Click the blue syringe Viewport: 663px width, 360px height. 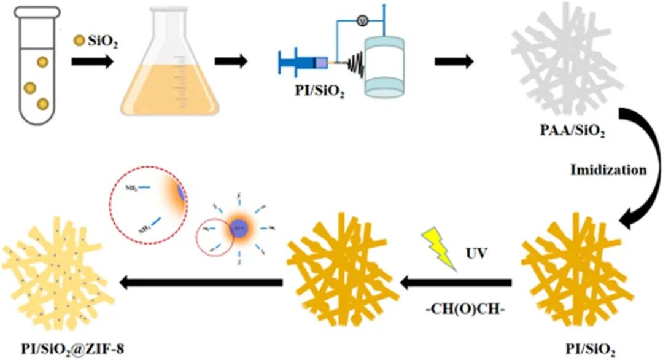301,62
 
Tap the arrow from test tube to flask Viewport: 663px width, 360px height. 92,61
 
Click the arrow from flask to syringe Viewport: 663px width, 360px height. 231,61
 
